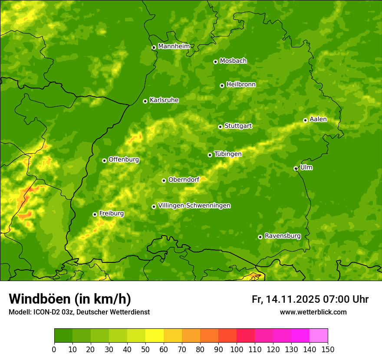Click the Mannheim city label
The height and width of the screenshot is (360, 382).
point(174,46)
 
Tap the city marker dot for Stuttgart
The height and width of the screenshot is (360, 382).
point(220,127)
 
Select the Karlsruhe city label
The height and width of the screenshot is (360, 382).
point(164,100)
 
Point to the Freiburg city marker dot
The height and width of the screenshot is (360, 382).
point(95,214)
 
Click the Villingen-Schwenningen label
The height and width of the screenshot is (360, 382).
point(194,206)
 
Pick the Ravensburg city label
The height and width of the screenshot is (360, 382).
point(282,236)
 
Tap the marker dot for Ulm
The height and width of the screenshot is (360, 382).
point(296,168)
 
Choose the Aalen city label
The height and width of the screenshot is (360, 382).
point(318,119)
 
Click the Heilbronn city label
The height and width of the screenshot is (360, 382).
point(241,85)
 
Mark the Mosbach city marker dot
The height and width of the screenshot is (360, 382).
point(215,62)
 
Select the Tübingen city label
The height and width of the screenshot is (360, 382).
point(227,154)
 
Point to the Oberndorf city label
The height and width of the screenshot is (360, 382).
point(184,180)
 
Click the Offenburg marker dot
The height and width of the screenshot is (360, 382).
point(104,160)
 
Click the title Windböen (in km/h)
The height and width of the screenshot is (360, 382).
point(70,299)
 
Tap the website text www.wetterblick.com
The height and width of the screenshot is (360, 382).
point(313,312)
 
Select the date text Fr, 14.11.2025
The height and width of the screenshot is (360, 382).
point(286,299)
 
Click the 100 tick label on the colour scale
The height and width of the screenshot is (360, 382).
point(236,349)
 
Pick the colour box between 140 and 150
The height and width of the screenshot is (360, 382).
point(318,336)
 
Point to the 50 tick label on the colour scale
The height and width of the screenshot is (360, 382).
point(145,349)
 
